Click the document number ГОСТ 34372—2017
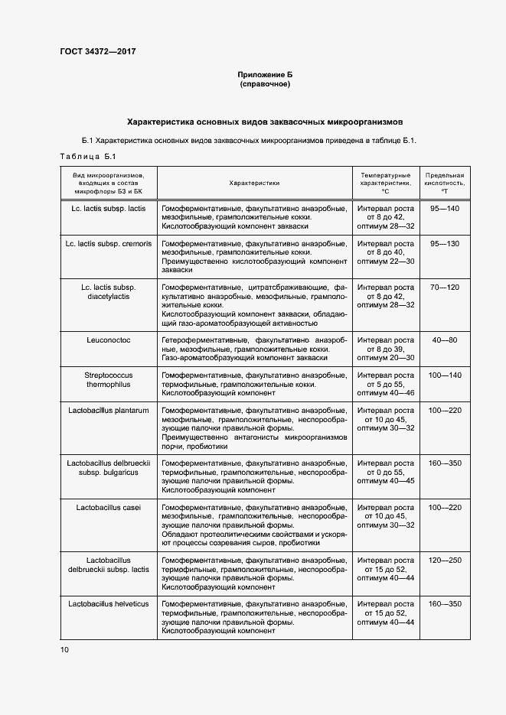click(97, 52)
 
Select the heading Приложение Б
click(265, 75)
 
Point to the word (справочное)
click(265, 84)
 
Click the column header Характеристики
click(254, 184)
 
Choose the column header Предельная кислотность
click(445, 184)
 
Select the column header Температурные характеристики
click(385, 184)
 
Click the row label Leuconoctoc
click(109, 340)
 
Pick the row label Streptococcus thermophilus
click(109, 380)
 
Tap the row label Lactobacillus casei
click(109, 508)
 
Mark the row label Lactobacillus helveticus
click(109, 604)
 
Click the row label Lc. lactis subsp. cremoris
click(109, 243)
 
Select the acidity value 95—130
click(445, 243)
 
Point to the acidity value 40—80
click(445, 340)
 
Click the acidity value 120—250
click(445, 561)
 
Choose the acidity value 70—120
click(445, 287)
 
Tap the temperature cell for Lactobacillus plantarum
click(385, 419)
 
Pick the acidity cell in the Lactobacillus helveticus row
click(445, 604)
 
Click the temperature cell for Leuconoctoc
click(385, 349)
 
